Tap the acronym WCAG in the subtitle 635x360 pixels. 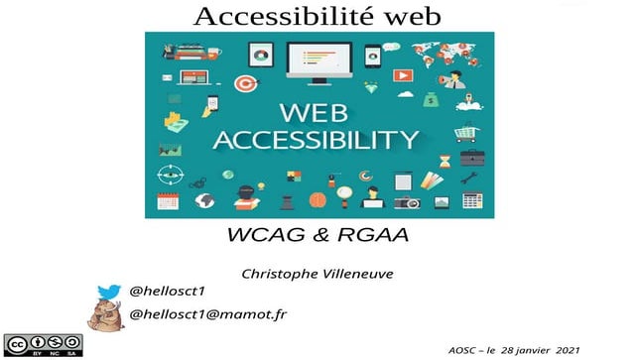pyautogui.click(x=266, y=238)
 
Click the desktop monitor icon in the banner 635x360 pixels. pyautogui.click(x=317, y=59)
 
